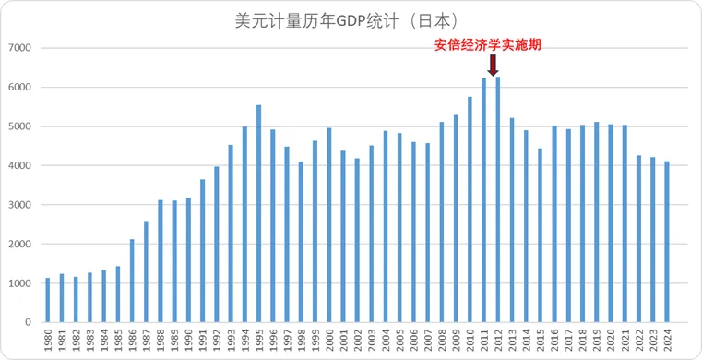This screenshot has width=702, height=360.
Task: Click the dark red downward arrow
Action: click(493, 65)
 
